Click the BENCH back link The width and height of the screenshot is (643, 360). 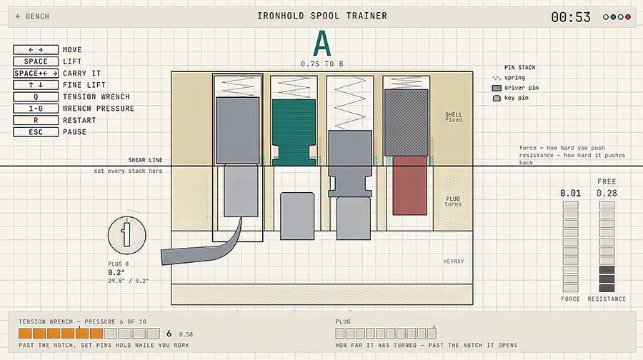(32, 16)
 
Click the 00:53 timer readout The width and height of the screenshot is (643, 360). (571, 17)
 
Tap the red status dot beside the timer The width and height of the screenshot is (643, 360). (628, 17)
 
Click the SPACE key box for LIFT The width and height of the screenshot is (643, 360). (36, 61)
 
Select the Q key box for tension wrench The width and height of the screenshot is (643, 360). (36, 96)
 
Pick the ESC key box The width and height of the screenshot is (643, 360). (36, 132)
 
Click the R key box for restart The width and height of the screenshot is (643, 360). (36, 120)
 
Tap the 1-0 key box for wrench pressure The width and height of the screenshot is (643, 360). (36, 109)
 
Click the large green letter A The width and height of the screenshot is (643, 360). (322, 44)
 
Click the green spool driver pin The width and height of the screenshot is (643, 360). (294, 132)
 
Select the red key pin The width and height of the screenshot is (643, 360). (409, 185)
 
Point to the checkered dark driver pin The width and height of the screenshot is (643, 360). (407, 123)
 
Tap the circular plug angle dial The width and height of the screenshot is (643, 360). (126, 235)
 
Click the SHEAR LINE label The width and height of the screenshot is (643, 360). (145, 160)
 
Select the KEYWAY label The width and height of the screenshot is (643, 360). (454, 261)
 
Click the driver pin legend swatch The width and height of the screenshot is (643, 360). (497, 88)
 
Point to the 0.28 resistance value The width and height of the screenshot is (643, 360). (607, 193)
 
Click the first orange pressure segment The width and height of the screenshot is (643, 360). (25, 334)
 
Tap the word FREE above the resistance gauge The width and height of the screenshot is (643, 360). (607, 181)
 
